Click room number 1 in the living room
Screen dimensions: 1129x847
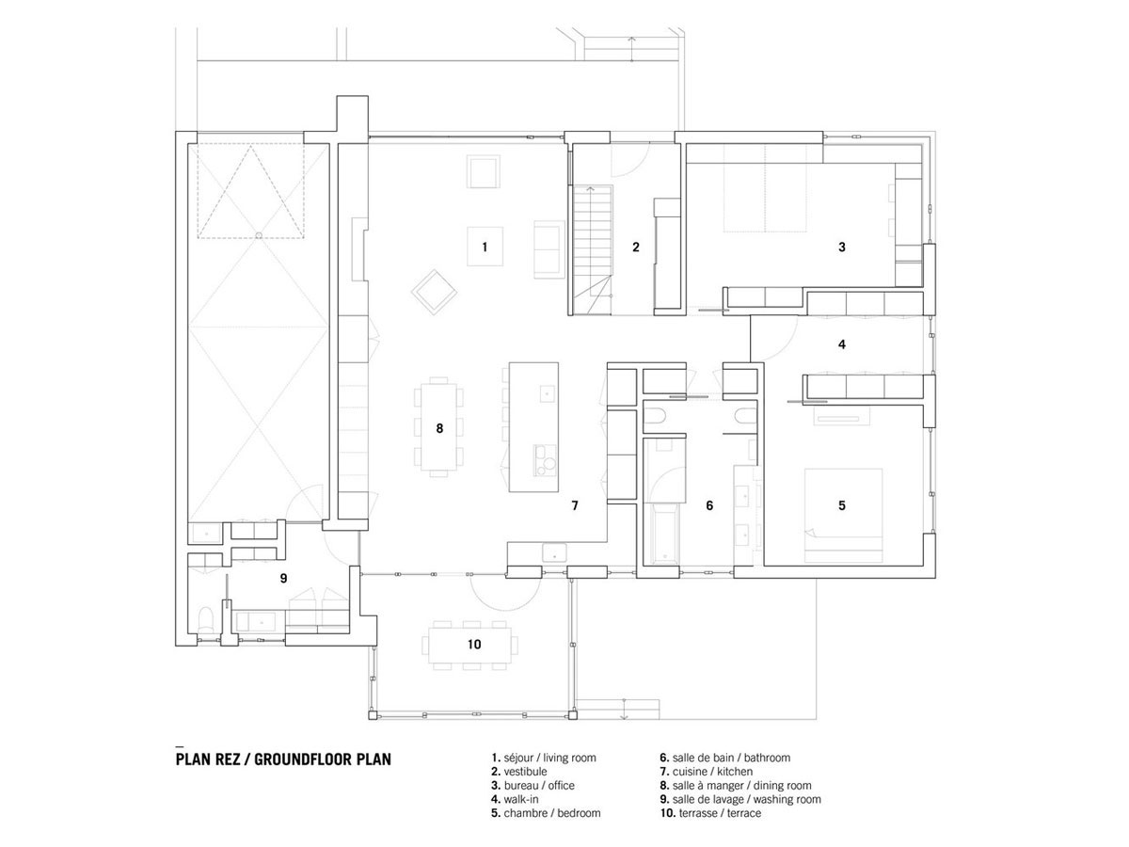coord(484,247)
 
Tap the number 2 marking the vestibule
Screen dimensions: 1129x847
coord(635,247)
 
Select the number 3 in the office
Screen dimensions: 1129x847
coord(841,247)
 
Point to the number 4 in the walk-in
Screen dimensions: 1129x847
coord(841,344)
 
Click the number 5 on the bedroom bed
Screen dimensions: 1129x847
coord(841,505)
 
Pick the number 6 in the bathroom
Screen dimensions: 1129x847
coord(709,505)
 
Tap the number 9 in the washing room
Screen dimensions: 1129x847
coord(283,579)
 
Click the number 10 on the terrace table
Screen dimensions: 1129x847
coord(474,645)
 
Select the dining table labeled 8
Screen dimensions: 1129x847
coord(438,427)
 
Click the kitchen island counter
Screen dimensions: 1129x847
coord(533,427)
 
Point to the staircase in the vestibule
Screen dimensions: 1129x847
coord(591,249)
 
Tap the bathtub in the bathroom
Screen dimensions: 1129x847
coord(664,535)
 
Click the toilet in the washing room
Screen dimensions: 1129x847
coord(206,621)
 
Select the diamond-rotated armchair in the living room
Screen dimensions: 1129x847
coord(434,293)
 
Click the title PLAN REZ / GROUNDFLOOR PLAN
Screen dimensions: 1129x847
coord(283,759)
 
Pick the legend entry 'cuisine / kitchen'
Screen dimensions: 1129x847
coord(707,772)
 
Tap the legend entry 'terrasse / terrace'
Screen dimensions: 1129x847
coord(710,813)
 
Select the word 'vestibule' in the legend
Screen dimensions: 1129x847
coord(525,772)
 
